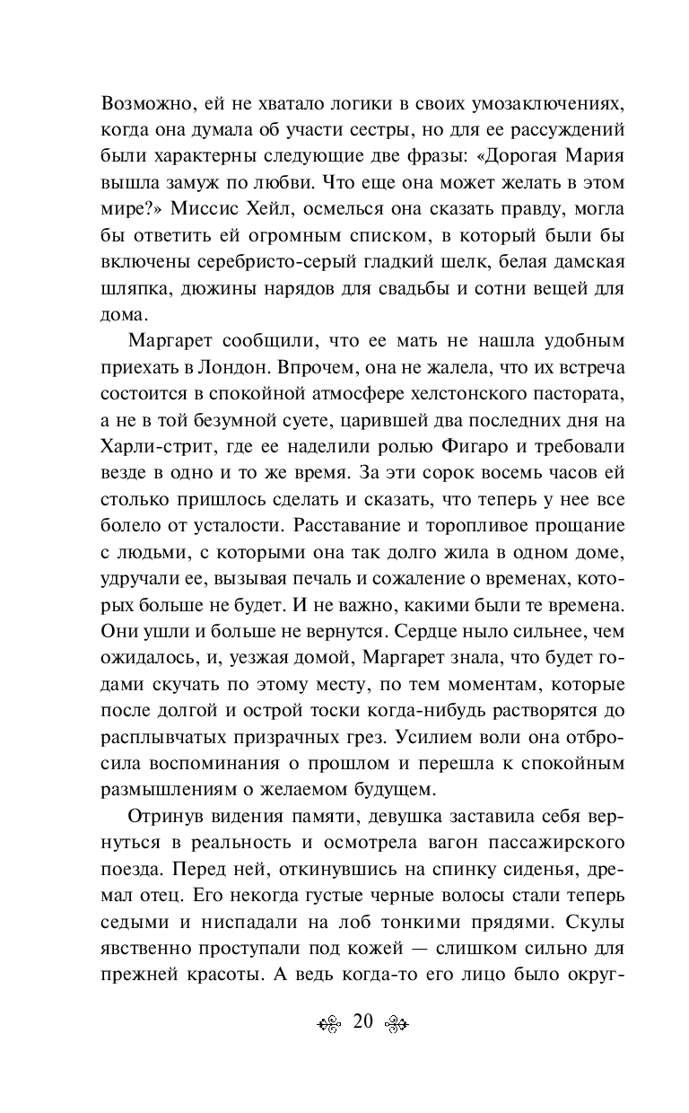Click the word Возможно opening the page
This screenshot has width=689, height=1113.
tap(148, 102)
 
